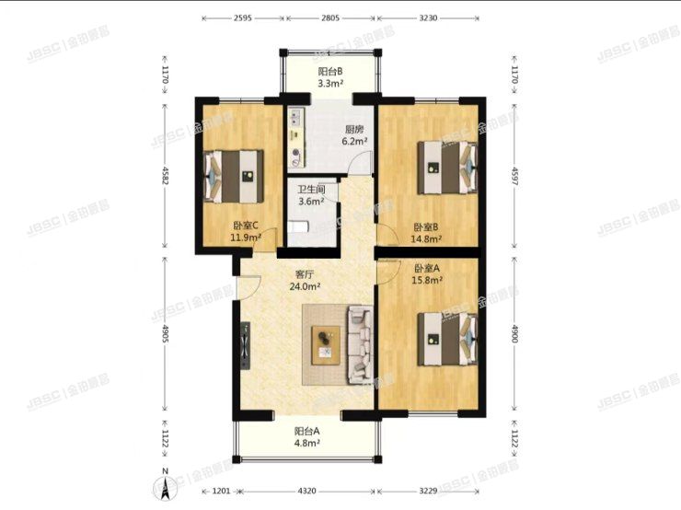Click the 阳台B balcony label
[330, 72]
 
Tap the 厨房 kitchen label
[354, 130]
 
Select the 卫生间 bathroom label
[310, 190]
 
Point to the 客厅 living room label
[306, 274]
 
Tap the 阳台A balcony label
[306, 431]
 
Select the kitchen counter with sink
[295, 137]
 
